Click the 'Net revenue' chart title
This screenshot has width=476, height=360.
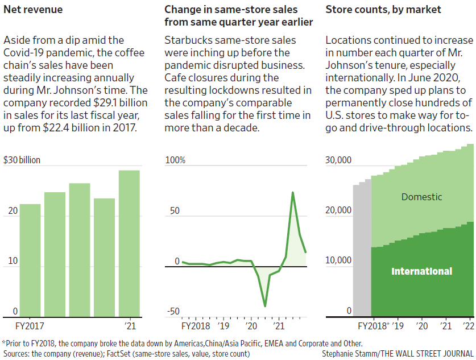click(33, 10)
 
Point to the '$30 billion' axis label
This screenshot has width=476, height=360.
click(22, 160)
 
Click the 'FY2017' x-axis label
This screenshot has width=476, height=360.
click(30, 326)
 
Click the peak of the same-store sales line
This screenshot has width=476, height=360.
click(292, 193)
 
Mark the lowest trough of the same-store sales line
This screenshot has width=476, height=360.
click(265, 306)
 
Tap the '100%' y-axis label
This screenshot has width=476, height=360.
click(175, 160)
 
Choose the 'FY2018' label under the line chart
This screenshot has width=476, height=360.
click(195, 326)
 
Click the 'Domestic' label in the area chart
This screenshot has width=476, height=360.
click(421, 197)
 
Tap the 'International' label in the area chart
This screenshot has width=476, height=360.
click(421, 271)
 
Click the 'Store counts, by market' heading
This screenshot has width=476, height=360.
click(383, 10)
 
